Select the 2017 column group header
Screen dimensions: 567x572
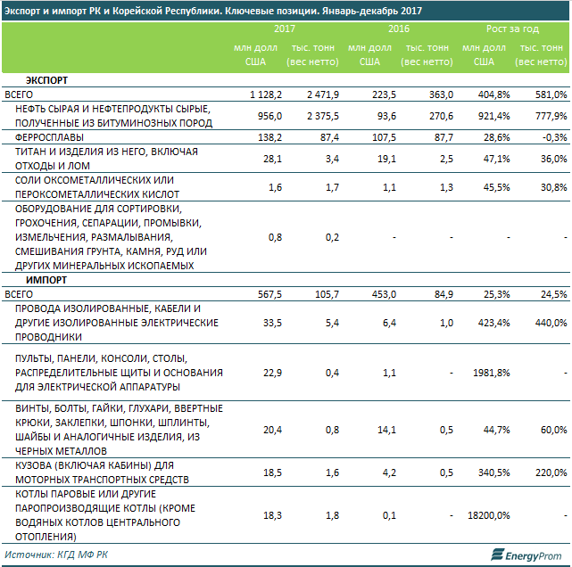(x=285, y=29)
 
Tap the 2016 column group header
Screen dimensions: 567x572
(x=399, y=29)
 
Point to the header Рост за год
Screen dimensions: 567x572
(x=513, y=29)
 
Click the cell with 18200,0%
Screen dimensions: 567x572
(x=489, y=515)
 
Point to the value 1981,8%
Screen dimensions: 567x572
(x=491, y=372)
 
